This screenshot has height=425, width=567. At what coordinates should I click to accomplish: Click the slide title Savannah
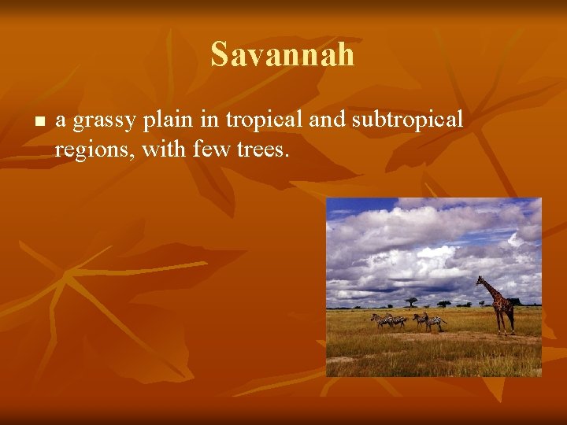(283, 55)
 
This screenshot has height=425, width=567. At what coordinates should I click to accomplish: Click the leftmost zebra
(381, 320)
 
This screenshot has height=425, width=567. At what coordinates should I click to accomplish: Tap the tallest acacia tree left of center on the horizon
(411, 301)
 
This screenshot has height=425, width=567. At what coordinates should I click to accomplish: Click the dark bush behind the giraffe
(515, 301)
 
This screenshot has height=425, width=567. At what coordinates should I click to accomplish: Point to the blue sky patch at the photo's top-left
(346, 208)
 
